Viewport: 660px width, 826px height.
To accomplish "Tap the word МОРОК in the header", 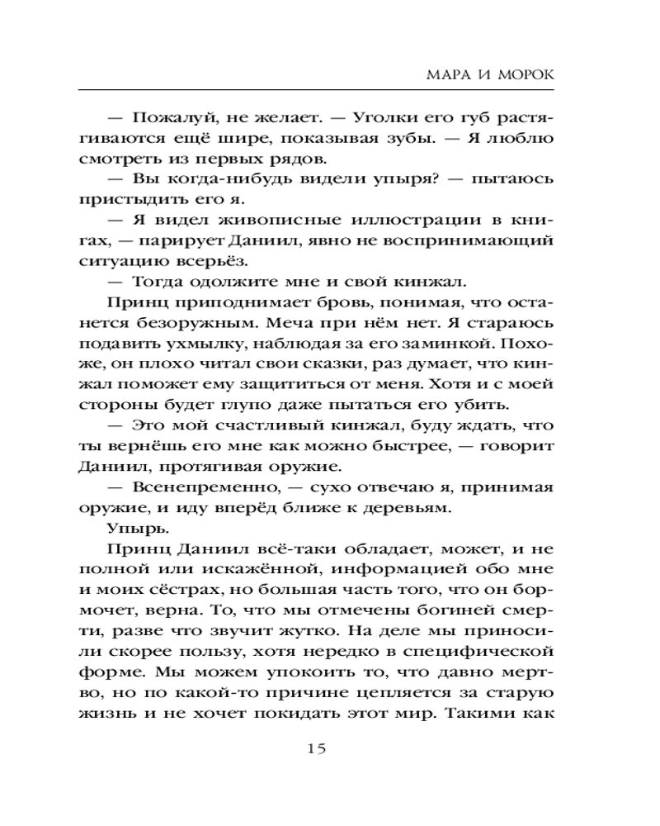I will click(x=526, y=74).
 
